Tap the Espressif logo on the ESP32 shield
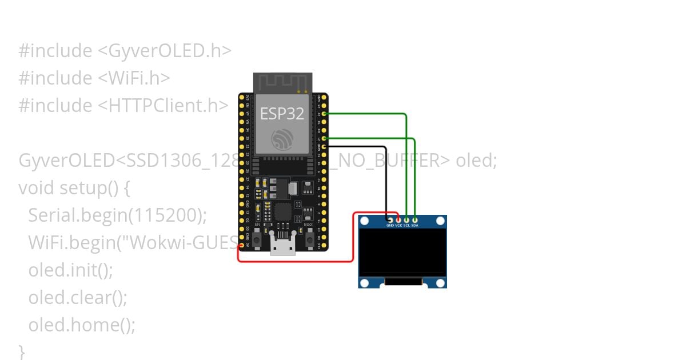coord(282,139)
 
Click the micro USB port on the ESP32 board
coord(282,246)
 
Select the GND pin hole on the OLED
coord(390,219)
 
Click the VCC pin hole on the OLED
coord(398,219)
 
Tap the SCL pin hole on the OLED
coord(406,219)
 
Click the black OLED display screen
coord(402,251)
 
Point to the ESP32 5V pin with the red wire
coord(242,246)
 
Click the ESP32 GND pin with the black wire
coord(324,147)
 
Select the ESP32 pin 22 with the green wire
coord(324,114)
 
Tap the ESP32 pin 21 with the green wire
coord(324,138)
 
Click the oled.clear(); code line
coord(78,297)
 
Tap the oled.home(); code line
coord(82,325)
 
